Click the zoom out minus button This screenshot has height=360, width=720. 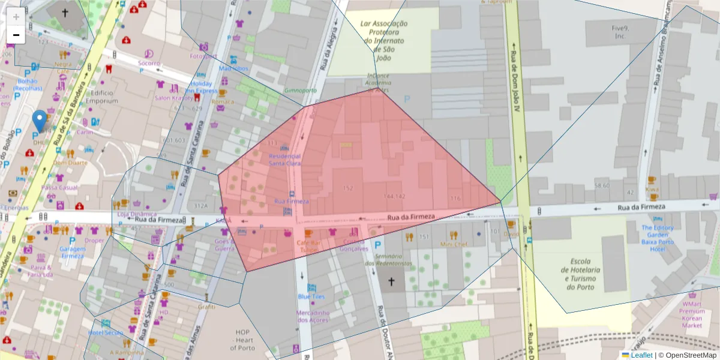click(16, 35)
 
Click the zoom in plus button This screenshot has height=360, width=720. click(16, 17)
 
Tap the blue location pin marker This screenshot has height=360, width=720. click(40, 121)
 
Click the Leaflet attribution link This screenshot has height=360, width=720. click(641, 355)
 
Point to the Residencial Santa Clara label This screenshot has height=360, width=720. click(284, 159)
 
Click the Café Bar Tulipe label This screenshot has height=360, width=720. click(307, 245)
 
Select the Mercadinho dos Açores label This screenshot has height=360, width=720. click(313, 316)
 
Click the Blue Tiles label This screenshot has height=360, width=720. click(311, 296)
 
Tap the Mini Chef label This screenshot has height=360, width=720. click(454, 244)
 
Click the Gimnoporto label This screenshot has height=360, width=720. click(300, 91)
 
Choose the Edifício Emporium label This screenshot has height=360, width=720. click(101, 97)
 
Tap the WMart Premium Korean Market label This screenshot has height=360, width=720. click(692, 314)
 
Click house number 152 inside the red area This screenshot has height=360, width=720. click(347, 188)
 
